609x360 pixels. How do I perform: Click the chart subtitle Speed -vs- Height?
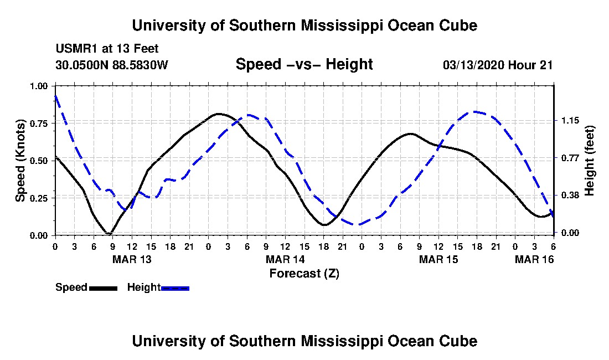point(304,64)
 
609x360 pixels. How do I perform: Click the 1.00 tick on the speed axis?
point(39,86)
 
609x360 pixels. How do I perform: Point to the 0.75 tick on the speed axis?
point(39,124)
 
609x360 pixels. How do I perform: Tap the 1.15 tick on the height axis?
point(570,121)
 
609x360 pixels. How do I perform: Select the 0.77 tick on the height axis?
point(570,158)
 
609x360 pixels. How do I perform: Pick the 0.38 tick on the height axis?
point(570,196)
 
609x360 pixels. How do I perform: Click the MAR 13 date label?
point(132,259)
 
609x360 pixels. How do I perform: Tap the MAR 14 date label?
point(285,259)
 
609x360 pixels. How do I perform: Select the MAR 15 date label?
point(438,259)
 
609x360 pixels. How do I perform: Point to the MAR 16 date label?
point(534,259)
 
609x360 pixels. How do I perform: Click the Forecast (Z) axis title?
point(304,274)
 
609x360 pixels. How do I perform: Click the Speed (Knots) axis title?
point(20,161)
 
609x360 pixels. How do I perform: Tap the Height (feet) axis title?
point(589,161)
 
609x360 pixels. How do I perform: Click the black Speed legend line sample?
point(103,288)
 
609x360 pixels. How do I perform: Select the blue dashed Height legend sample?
point(175,288)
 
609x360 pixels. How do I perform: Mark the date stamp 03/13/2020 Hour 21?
point(498,65)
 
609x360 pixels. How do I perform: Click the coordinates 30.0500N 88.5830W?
point(111,65)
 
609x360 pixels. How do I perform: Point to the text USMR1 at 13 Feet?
point(107,49)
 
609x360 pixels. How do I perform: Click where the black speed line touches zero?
point(109,233)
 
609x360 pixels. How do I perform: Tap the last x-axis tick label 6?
point(554,246)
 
